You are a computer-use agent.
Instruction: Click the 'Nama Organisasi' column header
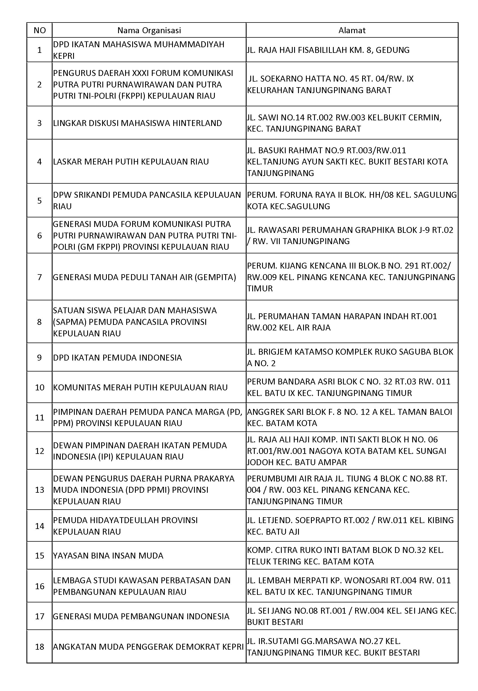click(x=149, y=30)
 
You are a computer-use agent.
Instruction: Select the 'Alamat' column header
click(x=352, y=30)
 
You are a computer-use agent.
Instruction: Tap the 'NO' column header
click(x=40, y=30)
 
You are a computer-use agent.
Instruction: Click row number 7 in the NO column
click(x=40, y=277)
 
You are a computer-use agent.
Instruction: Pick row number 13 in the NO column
click(x=40, y=490)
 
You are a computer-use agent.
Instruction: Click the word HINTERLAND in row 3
click(x=197, y=123)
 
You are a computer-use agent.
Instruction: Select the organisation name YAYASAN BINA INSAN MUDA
click(x=108, y=556)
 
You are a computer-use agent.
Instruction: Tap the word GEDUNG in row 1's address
click(x=392, y=50)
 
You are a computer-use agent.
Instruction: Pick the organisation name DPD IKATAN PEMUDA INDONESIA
click(x=118, y=358)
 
